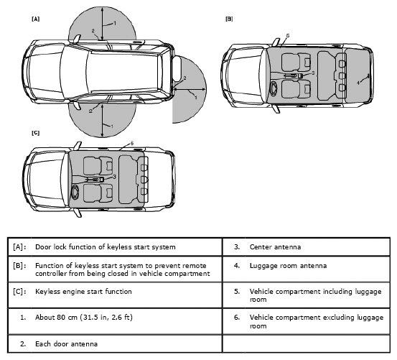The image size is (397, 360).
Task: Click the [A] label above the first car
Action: [x=35, y=19]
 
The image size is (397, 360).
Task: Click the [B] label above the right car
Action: [x=229, y=19]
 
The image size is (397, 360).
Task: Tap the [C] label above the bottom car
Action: [x=35, y=133]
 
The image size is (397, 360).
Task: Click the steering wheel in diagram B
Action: [x=274, y=89]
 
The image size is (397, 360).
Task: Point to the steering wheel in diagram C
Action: [x=75, y=193]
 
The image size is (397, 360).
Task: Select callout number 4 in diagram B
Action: [x=358, y=83]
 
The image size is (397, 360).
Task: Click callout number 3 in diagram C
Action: [x=114, y=177]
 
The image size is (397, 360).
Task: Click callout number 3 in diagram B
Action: [x=313, y=73]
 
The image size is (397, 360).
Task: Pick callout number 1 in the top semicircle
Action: [x=115, y=23]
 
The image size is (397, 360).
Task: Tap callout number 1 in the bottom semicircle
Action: [x=112, y=126]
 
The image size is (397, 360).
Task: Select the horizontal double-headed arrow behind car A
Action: [x=190, y=89]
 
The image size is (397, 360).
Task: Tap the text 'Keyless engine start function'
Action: [x=83, y=292]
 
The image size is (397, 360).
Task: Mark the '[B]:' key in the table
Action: [x=19, y=266]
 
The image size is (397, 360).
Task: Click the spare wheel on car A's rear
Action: [x=177, y=68]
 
